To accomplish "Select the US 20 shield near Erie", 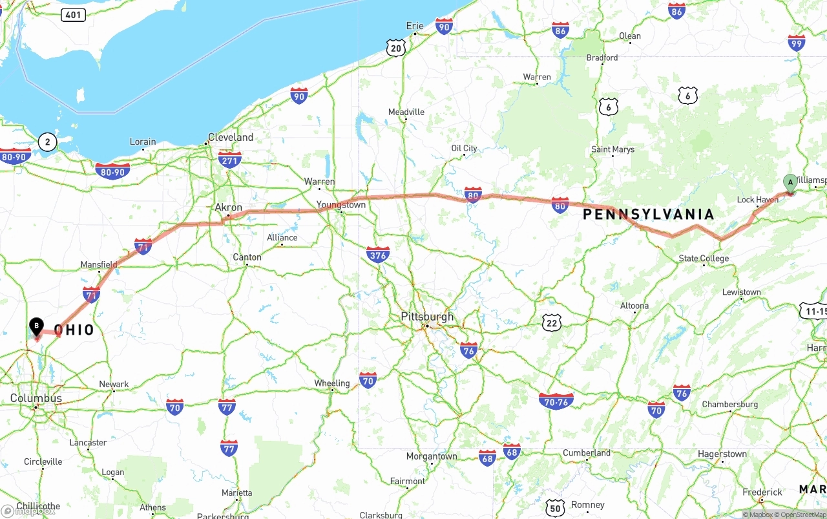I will click(x=396, y=47).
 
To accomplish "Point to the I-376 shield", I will click(x=377, y=255).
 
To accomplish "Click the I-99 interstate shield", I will click(x=797, y=43).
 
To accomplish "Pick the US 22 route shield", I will click(x=552, y=323).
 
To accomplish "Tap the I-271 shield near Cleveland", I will click(x=229, y=160).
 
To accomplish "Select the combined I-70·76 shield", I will click(x=556, y=401).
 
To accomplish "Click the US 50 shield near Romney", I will click(x=555, y=507).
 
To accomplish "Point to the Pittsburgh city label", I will click(x=427, y=317).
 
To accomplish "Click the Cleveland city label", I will click(x=231, y=138).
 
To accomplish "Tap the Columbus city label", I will click(x=36, y=398).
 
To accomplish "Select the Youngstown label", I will click(x=341, y=205).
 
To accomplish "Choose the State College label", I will click(x=704, y=259).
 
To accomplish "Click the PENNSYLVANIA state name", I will click(x=649, y=214).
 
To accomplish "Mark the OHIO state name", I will click(x=74, y=330).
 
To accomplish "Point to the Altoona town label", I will click(x=634, y=306).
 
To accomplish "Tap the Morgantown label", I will click(x=432, y=456).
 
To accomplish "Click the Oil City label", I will click(x=464, y=149).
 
